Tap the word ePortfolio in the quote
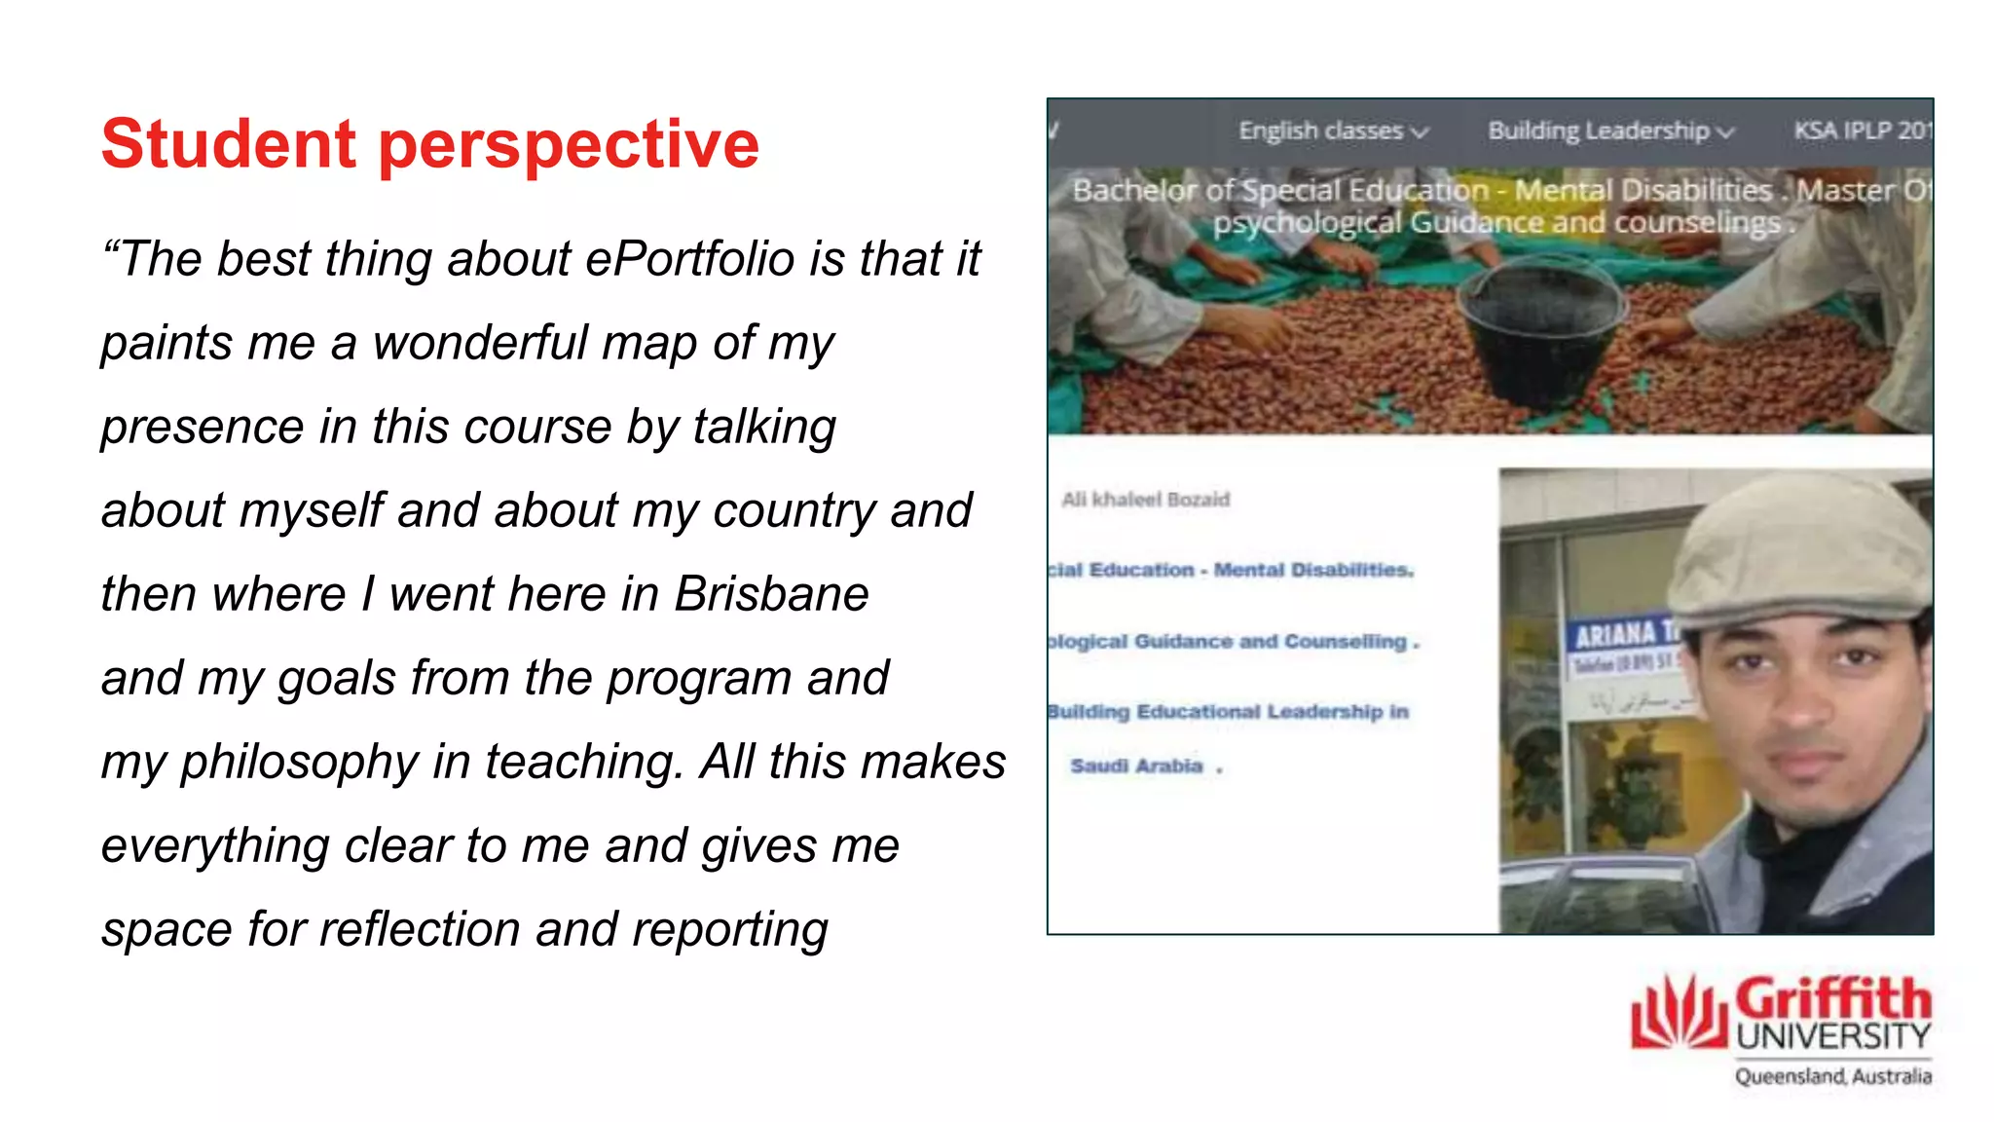(689, 259)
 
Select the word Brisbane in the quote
(771, 594)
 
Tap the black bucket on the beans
(1541, 332)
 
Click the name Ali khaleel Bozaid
(1145, 500)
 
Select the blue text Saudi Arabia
(1137, 767)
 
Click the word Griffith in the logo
(1832, 999)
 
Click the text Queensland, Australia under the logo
(1832, 1076)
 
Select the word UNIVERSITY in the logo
(1832, 1037)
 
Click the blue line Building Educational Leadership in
(1229, 712)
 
